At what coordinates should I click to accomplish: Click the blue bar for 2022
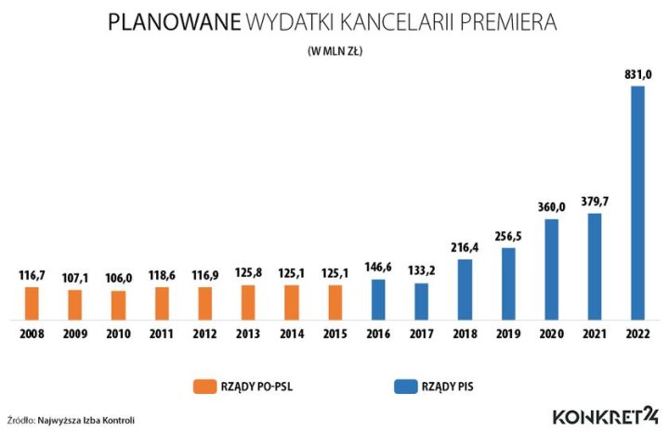(x=637, y=203)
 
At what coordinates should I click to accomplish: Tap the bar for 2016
(x=378, y=300)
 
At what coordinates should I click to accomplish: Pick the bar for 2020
(x=551, y=269)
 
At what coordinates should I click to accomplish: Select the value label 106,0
(x=118, y=277)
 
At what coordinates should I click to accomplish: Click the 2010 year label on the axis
(x=118, y=335)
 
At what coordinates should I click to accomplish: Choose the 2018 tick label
(x=465, y=335)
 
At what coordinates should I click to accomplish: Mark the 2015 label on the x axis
(x=334, y=335)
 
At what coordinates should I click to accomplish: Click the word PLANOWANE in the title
(x=173, y=22)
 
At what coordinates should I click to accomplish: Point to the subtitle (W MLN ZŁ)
(x=334, y=52)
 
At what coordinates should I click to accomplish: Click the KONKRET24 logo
(x=605, y=416)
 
